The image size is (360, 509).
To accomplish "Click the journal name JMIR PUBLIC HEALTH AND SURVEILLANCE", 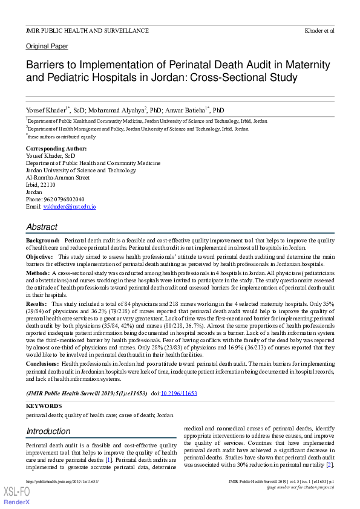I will click(87, 30).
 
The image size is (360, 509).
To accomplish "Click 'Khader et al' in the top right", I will click(320, 30).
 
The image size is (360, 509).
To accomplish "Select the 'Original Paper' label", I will click(47, 47).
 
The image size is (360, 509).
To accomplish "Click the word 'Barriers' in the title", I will click(48, 64).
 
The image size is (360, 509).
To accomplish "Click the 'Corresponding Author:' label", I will click(56, 148).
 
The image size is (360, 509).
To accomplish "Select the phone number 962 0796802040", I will click(64, 199).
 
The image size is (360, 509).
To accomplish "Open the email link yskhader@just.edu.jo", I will click(70, 207).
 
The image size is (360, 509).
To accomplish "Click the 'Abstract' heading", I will click(42, 227).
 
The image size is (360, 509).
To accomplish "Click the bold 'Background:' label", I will click(42, 241).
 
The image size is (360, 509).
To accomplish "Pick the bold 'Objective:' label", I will click(39, 257).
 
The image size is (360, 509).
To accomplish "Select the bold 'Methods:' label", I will click(38, 273).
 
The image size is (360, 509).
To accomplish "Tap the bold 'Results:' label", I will click(36, 303).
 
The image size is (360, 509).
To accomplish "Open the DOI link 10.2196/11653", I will click(178, 393).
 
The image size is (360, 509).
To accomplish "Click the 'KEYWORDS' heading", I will click(44, 406).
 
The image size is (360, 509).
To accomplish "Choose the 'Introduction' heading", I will click(48, 431).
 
